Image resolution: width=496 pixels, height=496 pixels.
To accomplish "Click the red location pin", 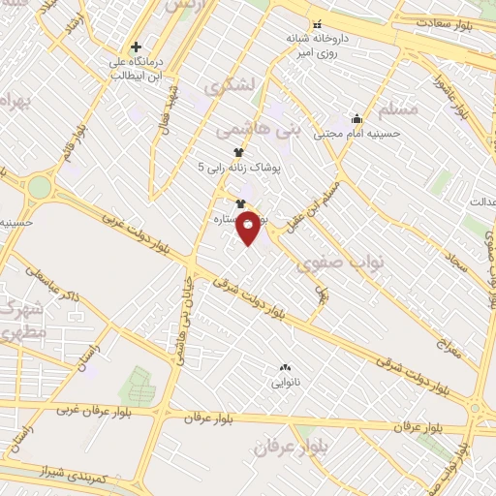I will click(x=248, y=227).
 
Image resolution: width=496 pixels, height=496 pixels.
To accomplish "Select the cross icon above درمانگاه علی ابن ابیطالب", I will click(x=136, y=46).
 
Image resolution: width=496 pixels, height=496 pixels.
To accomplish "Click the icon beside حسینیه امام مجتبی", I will click(x=356, y=119).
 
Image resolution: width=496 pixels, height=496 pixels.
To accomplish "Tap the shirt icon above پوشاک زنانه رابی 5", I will click(x=239, y=152).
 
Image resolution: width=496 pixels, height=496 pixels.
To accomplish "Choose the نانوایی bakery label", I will click(x=285, y=383).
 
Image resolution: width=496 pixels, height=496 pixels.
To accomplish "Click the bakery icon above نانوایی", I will click(x=285, y=367).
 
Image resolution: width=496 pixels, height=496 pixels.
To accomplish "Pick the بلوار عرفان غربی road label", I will click(x=77, y=411).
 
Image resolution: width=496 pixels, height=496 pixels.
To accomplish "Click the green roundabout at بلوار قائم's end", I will click(x=39, y=187).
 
